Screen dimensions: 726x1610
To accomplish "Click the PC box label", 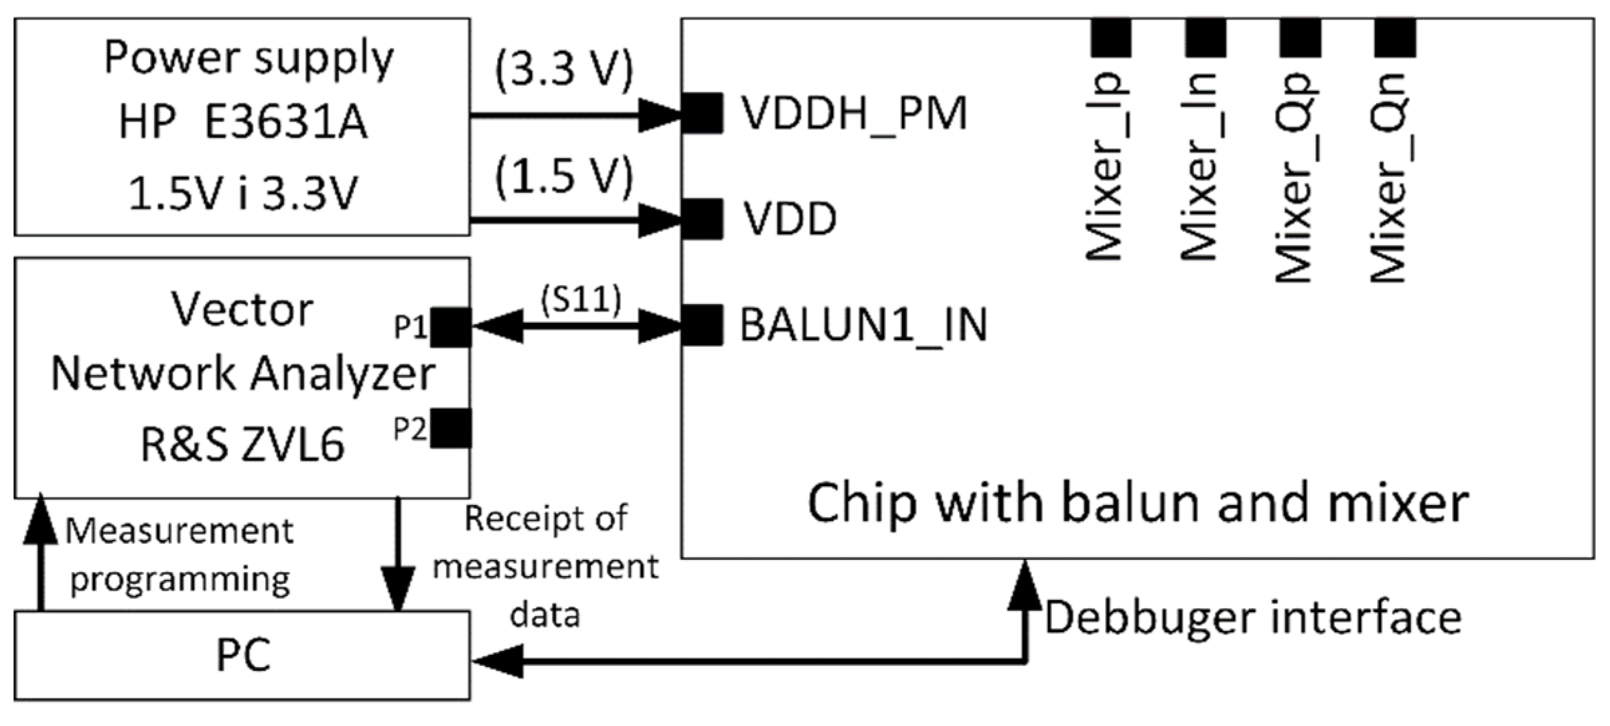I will click(243, 655).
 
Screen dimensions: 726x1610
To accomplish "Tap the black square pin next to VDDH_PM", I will click(703, 114).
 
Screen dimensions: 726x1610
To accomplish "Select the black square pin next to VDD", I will click(703, 219).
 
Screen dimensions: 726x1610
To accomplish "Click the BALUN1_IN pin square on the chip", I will click(703, 325).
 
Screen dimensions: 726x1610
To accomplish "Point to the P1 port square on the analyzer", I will click(451, 328).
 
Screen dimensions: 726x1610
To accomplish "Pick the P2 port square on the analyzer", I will click(451, 429).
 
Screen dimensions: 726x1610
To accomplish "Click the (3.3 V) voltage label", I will click(564, 70).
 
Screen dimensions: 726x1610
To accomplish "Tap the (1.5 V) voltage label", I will click(564, 177).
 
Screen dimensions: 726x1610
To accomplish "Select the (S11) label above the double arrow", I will click(581, 299).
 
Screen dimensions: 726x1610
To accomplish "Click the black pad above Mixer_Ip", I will click(1111, 38).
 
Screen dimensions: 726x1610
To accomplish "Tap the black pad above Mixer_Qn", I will click(1395, 38).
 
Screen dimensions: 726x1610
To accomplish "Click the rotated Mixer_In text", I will click(1200, 167).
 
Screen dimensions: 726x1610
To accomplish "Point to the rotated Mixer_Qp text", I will click(1295, 177).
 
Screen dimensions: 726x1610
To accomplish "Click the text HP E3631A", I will click(242, 123).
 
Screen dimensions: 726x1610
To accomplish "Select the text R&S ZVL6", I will click(242, 445).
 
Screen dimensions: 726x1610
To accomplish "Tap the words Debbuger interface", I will click(1252, 618).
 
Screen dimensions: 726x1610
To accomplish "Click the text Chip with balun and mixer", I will click(1138, 504).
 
